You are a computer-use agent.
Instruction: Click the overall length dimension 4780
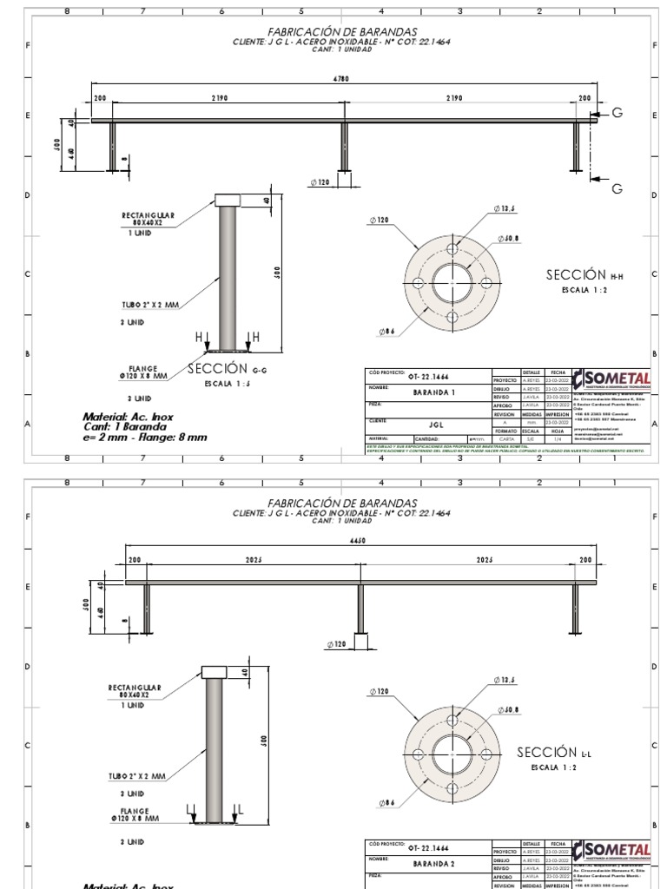(x=341, y=79)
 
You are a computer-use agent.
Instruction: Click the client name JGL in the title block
(x=436, y=425)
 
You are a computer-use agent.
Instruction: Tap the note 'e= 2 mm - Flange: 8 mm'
(x=145, y=438)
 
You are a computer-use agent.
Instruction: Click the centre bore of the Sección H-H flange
(x=452, y=284)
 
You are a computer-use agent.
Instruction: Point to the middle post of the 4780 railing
(x=345, y=147)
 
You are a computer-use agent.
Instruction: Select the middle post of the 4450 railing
(x=360, y=609)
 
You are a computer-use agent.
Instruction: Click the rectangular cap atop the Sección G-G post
(x=228, y=199)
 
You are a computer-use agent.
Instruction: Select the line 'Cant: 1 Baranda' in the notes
(x=125, y=427)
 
